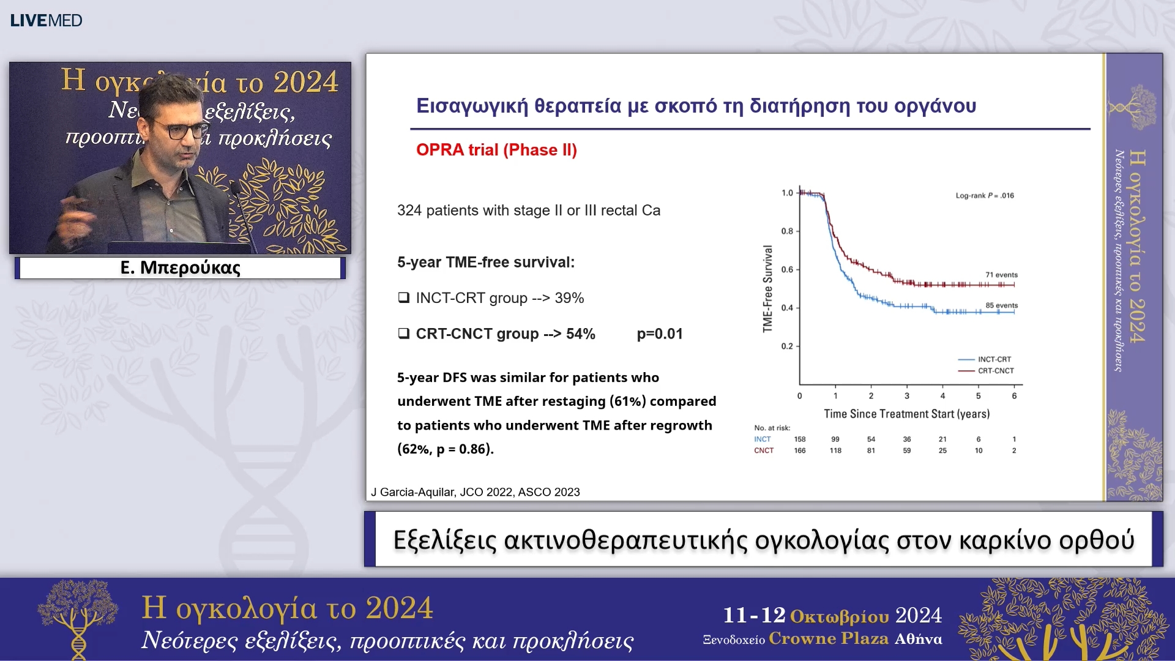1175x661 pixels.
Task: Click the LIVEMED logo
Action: pos(46,20)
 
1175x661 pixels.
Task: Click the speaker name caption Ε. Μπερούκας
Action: pos(180,267)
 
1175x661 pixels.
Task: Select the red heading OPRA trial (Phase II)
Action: pos(496,150)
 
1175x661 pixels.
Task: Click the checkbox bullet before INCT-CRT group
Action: pos(404,298)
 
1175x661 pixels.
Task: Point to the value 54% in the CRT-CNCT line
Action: pos(580,334)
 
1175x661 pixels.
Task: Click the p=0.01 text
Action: pos(659,334)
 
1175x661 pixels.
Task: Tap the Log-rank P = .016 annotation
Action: pos(984,196)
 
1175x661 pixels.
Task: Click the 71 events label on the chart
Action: pos(1001,275)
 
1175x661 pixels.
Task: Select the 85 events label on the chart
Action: pos(1001,305)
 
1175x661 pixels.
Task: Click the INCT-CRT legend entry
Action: pos(994,359)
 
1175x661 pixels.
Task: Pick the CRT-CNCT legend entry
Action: pos(995,371)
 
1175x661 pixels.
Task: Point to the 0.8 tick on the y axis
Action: pos(787,231)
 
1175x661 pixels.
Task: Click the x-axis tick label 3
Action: pos(907,396)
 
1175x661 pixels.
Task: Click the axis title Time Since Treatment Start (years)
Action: pos(906,414)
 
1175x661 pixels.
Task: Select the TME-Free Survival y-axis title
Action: pos(768,289)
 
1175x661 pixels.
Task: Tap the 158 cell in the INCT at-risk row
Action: pos(800,439)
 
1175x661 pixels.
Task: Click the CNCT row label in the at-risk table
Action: pos(763,451)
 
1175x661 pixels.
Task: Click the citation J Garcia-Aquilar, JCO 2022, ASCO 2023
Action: pos(476,492)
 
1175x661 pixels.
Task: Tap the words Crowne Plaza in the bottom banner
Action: pos(828,639)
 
